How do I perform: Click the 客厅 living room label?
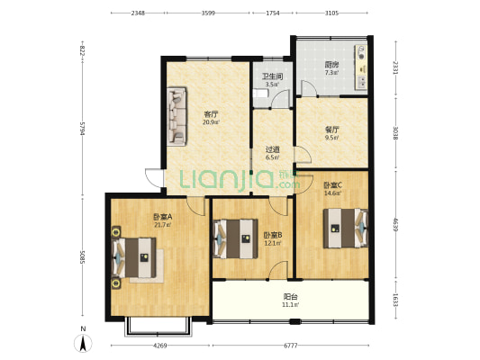pos(211,114)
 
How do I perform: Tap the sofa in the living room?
pos(177,116)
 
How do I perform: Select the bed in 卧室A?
pos(134,257)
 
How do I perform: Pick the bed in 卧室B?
pos(235,238)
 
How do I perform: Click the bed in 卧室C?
pos(346,228)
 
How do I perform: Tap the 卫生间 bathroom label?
pos(272,76)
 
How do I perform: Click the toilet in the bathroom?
pos(260,93)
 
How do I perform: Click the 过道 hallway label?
pos(272,149)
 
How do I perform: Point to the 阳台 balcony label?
pos(291,296)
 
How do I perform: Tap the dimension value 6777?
pos(291,346)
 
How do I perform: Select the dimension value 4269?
pos(159,346)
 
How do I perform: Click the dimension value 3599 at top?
pos(208,13)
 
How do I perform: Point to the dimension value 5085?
pos(82,257)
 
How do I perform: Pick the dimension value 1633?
pos(395,300)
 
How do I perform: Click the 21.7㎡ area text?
pos(162,225)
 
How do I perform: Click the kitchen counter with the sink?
pos(361,67)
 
